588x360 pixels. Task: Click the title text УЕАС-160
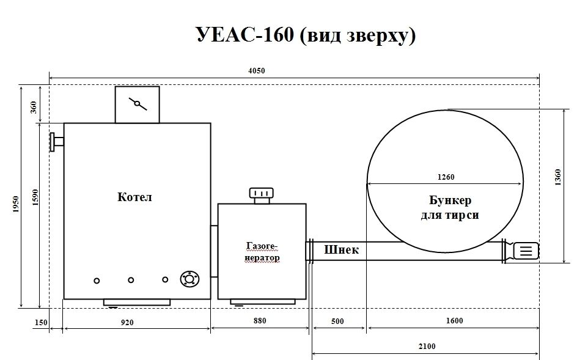(245, 34)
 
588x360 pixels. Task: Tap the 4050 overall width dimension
(257, 70)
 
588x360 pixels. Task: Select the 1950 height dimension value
(15, 204)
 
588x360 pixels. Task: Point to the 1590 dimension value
(35, 197)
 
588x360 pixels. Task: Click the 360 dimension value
(34, 107)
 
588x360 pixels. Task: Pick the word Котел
(134, 197)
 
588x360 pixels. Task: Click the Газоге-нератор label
(262, 252)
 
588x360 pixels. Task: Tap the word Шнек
(341, 249)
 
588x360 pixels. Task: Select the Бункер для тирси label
(450, 207)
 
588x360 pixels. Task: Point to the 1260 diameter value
(446, 177)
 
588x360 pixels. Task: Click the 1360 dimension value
(557, 177)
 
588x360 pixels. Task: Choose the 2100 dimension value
(427, 346)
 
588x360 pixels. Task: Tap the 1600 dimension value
(455, 321)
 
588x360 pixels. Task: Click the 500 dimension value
(337, 321)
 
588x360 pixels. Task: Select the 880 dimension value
(260, 321)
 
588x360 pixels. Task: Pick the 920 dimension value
(127, 322)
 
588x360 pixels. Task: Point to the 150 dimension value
(41, 323)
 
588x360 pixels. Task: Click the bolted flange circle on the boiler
(189, 279)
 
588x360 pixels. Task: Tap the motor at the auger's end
(526, 251)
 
